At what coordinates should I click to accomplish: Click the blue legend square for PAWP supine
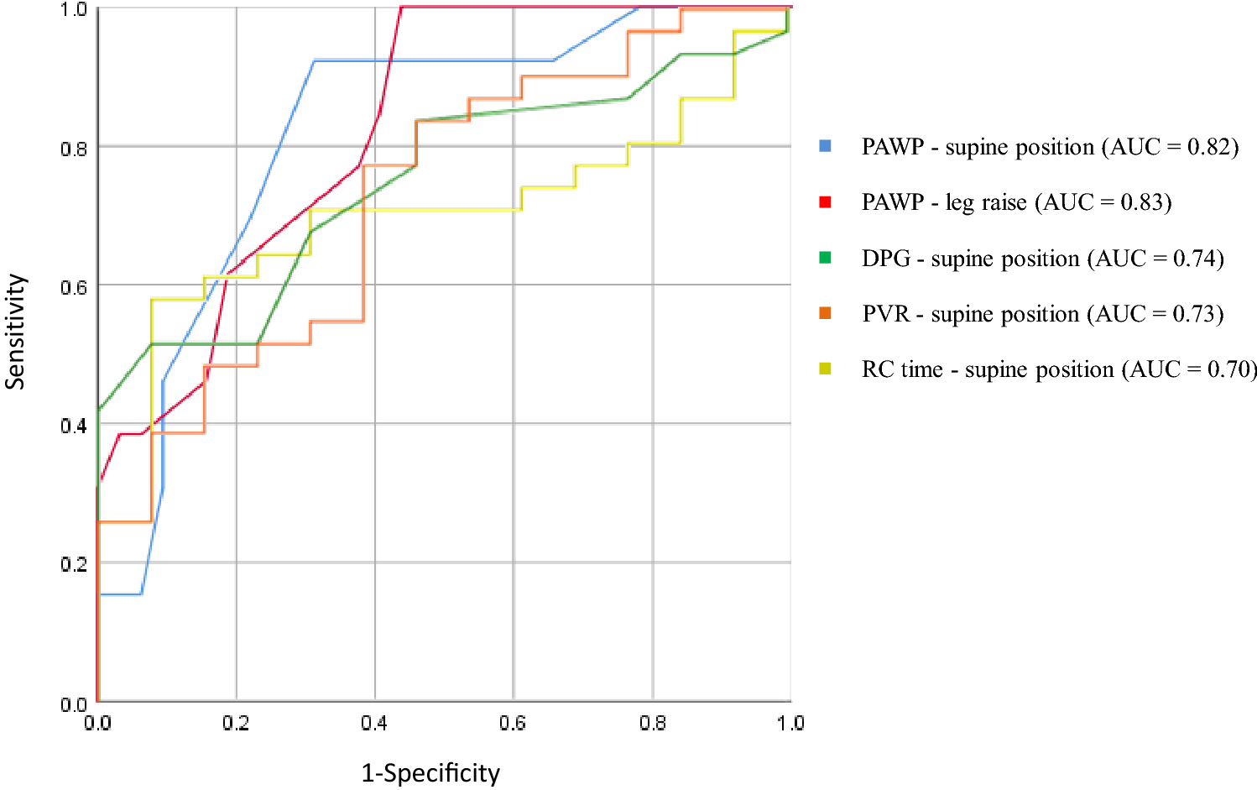(x=825, y=146)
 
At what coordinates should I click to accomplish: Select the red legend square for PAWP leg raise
(x=825, y=201)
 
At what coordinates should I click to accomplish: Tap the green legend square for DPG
(x=825, y=258)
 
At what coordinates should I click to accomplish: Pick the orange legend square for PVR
(x=825, y=313)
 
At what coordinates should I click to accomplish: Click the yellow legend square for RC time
(x=825, y=369)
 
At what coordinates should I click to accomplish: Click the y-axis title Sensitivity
(x=15, y=332)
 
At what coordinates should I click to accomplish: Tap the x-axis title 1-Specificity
(x=430, y=772)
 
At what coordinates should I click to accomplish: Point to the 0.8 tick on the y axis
(x=74, y=149)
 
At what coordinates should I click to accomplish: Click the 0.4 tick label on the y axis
(x=74, y=426)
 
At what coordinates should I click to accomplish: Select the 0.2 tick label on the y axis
(x=74, y=564)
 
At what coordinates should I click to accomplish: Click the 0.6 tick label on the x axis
(x=513, y=723)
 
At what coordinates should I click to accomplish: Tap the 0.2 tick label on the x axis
(x=236, y=723)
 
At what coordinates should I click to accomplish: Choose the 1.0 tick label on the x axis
(x=790, y=723)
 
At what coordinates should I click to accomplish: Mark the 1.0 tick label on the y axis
(x=74, y=9)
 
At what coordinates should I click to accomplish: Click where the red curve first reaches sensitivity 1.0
(x=402, y=8)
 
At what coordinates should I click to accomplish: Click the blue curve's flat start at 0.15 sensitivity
(x=120, y=594)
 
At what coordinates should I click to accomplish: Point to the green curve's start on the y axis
(x=99, y=410)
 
